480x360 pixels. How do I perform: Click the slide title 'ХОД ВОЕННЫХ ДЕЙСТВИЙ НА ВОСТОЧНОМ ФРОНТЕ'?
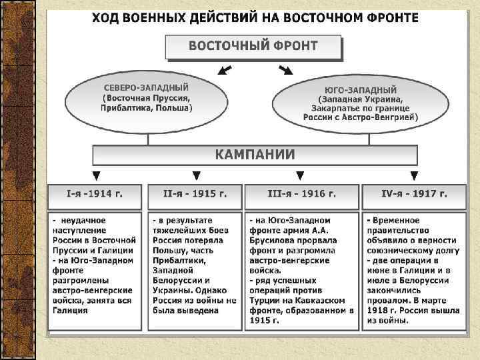click(255, 18)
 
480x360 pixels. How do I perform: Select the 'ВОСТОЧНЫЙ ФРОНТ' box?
click(253, 47)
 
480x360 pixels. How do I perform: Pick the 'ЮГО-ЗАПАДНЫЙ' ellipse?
click(361, 103)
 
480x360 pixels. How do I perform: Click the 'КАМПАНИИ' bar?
click(255, 155)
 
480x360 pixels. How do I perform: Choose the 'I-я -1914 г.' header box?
click(95, 194)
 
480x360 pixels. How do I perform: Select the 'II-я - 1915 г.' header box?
click(195, 194)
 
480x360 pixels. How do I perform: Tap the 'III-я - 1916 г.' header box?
click(301, 194)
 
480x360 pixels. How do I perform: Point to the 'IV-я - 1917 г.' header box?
click(413, 194)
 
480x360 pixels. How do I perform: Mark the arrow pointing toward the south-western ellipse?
click(285, 69)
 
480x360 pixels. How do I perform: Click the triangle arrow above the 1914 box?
click(96, 176)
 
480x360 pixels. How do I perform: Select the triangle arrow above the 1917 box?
click(415, 176)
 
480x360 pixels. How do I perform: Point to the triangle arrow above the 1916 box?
click(300, 176)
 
